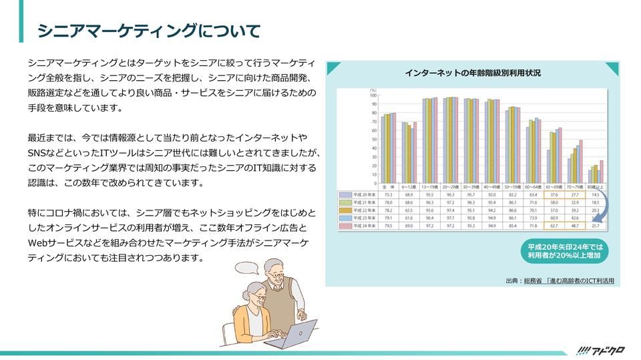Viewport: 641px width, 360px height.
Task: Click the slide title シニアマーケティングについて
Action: tap(148, 31)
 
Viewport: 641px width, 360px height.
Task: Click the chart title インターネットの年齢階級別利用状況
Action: tap(472, 72)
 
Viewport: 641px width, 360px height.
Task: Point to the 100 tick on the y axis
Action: tap(373, 96)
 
